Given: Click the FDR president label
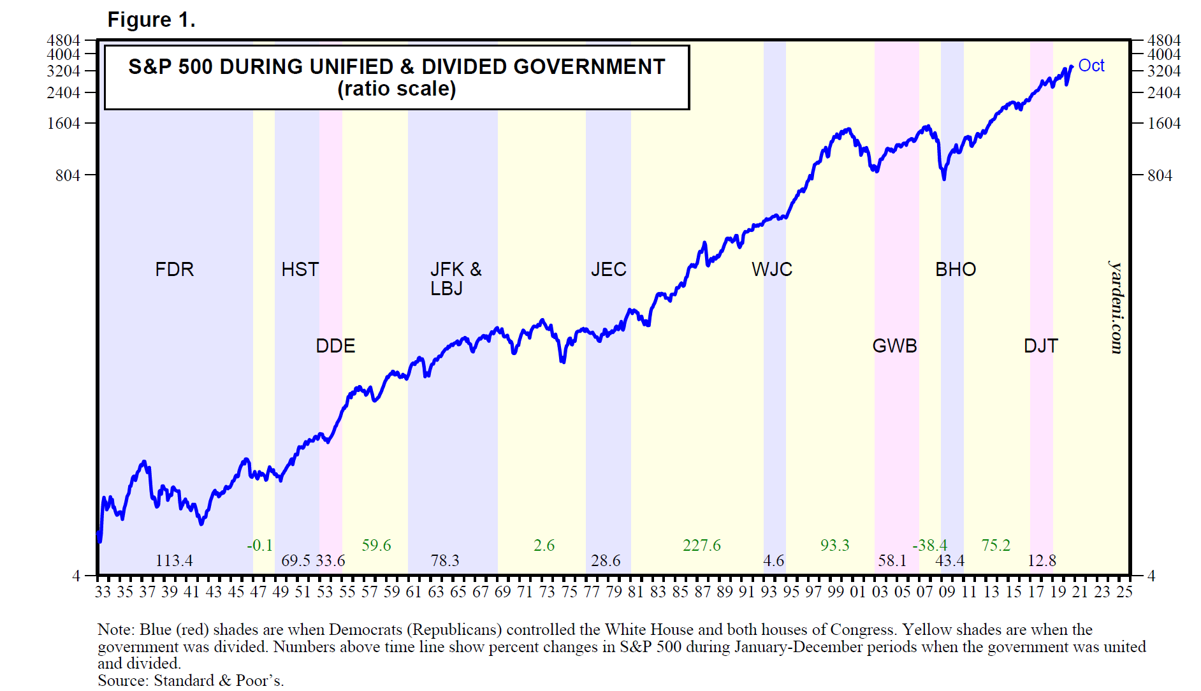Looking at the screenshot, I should point(174,270).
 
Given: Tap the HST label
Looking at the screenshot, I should point(300,270).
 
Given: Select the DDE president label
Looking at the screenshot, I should point(335,346).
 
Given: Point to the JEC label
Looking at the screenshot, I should point(608,270).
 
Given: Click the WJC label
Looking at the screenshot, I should point(771,270).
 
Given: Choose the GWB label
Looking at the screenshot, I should point(894,346).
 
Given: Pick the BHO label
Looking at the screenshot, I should point(955,270).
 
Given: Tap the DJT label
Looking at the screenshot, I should point(1040,346).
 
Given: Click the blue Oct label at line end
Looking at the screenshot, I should point(1091,66).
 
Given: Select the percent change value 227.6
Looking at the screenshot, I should point(701,546).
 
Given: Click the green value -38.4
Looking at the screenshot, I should point(929,546).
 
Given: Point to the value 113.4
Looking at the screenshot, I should point(174,561).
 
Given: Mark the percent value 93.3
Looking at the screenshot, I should point(834,546).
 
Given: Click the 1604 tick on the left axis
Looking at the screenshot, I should point(64,123).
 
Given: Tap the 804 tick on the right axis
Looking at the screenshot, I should point(1160,175).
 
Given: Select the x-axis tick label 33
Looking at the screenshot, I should point(103,592).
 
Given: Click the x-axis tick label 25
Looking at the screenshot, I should point(1124,592).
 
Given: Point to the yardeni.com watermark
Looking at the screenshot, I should point(1116,307).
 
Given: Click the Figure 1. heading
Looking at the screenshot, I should point(151,20).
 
